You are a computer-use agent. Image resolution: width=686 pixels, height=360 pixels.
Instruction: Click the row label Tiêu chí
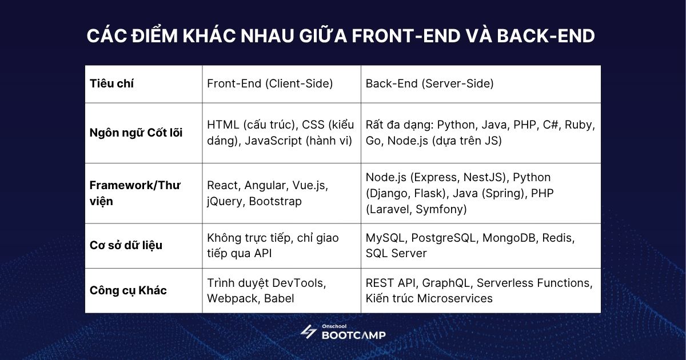(x=111, y=83)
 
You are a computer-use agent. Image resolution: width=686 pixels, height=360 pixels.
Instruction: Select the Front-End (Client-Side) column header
(x=270, y=83)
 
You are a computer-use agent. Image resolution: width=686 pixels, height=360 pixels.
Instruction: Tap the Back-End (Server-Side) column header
(x=429, y=83)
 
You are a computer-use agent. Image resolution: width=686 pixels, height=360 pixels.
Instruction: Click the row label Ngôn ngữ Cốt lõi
(x=136, y=133)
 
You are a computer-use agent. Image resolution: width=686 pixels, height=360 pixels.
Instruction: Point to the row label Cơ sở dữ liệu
(x=126, y=245)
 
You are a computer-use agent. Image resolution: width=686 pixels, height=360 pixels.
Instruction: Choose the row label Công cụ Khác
(x=128, y=290)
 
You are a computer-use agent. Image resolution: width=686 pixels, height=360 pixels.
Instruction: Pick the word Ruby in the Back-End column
(x=580, y=125)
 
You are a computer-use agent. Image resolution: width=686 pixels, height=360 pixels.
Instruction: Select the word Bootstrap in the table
(x=276, y=201)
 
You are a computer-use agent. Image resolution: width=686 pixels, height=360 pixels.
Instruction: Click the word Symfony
(x=441, y=209)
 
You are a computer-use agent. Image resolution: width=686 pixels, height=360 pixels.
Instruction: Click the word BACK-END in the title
(x=545, y=35)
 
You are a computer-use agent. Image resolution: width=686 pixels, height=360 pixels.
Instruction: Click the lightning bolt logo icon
(x=309, y=332)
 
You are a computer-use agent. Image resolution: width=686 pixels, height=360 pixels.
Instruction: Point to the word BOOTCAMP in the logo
(x=353, y=335)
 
